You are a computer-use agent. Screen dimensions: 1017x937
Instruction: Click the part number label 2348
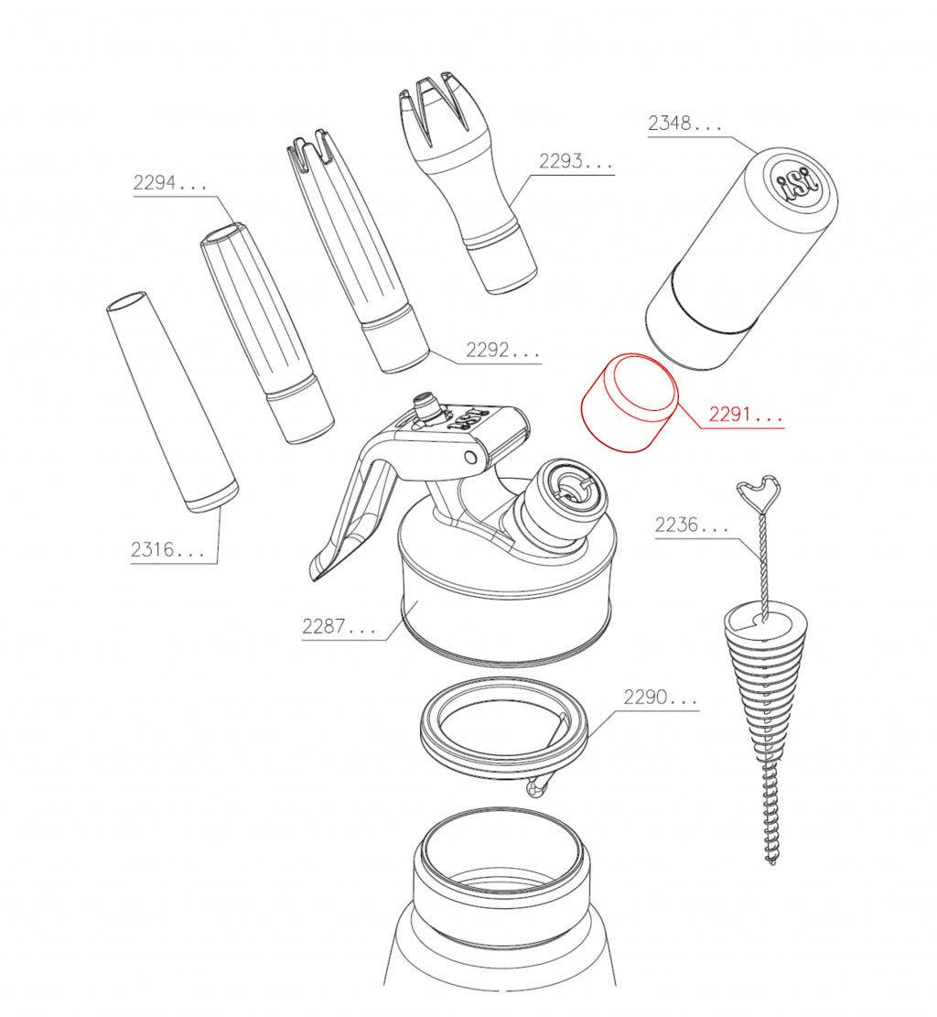pyautogui.click(x=684, y=124)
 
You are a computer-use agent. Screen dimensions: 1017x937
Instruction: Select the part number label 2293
pyautogui.click(x=575, y=162)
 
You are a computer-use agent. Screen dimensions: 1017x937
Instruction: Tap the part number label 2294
pyautogui.click(x=170, y=182)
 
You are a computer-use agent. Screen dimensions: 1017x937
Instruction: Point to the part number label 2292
pyautogui.click(x=501, y=351)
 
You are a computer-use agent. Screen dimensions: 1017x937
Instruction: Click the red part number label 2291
pyautogui.click(x=746, y=416)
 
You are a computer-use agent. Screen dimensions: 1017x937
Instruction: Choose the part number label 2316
pyautogui.click(x=167, y=550)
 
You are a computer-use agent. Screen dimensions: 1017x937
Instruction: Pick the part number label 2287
pyautogui.click(x=339, y=627)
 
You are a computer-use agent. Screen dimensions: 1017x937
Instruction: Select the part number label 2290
pyautogui.click(x=660, y=698)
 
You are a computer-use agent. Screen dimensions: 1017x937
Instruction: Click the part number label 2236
pyautogui.click(x=692, y=525)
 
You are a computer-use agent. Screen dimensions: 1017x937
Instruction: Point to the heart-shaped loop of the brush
pyautogui.click(x=761, y=494)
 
